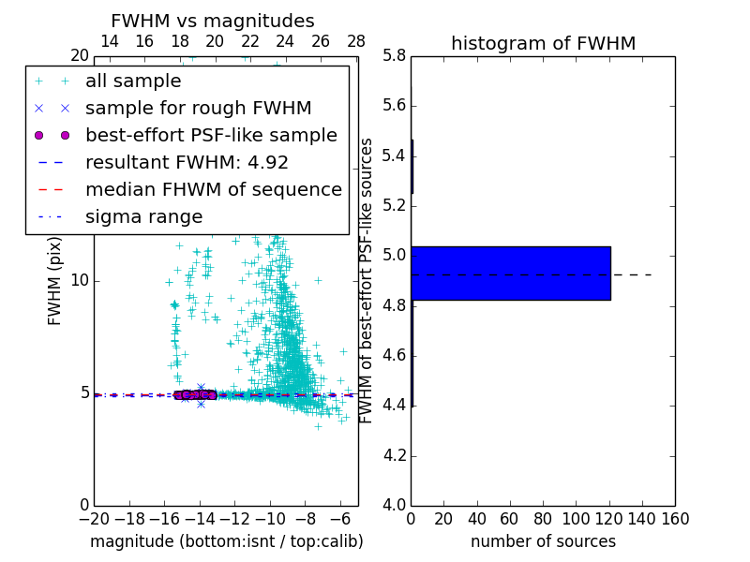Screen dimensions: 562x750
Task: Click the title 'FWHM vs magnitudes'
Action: click(213, 21)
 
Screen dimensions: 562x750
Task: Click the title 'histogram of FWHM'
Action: click(543, 43)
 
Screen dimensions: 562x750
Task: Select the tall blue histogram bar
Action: click(511, 274)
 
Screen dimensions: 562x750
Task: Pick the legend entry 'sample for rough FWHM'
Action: click(198, 108)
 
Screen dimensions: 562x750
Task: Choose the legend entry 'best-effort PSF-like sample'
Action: click(211, 135)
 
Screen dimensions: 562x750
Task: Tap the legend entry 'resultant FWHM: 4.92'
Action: click(187, 162)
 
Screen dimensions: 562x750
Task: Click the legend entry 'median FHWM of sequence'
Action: click(213, 189)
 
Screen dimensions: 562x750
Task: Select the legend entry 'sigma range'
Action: click(143, 216)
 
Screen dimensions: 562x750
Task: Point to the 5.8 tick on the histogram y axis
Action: click(395, 55)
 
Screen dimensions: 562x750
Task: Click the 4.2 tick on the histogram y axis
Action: click(395, 456)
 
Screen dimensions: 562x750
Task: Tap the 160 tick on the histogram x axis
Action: click(675, 518)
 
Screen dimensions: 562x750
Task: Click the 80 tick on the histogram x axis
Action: click(543, 518)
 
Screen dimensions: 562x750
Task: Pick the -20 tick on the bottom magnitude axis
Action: click(94, 518)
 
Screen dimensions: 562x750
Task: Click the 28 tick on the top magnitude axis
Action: click(356, 41)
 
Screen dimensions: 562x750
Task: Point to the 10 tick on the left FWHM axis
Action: click(80, 280)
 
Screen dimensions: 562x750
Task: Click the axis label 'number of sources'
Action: click(543, 541)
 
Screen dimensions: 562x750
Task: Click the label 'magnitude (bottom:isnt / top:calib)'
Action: click(226, 541)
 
